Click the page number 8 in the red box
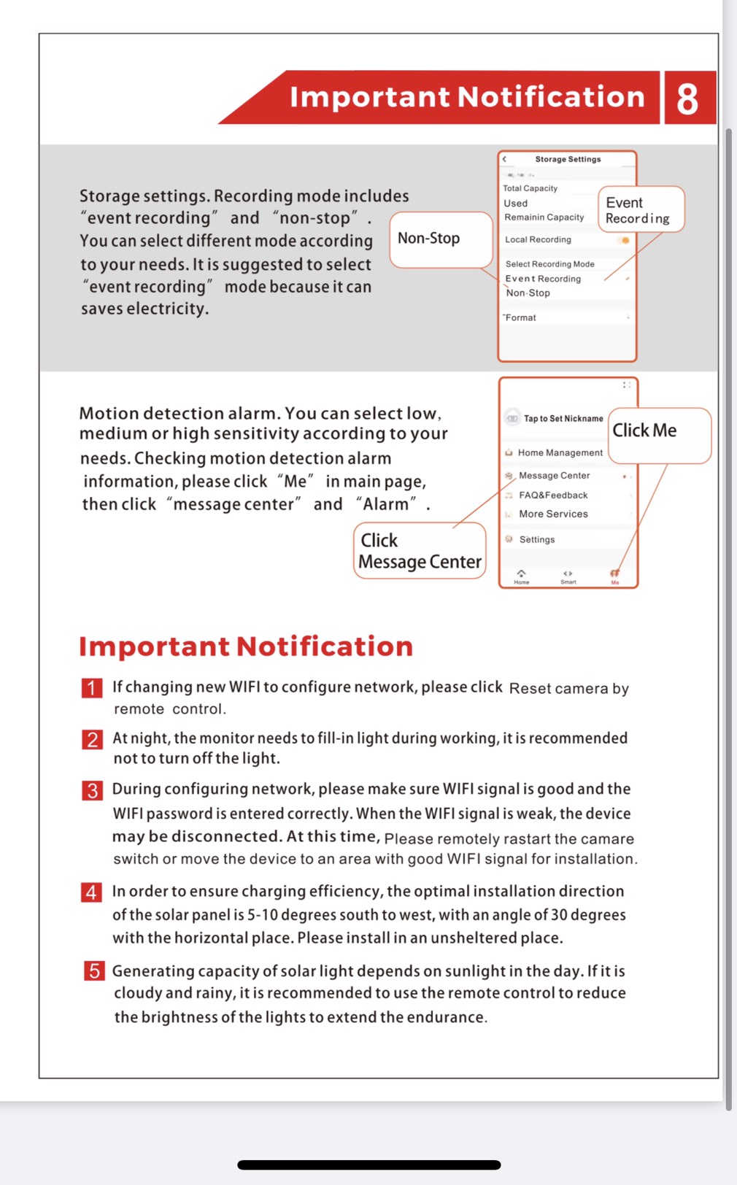(x=687, y=99)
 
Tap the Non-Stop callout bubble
(x=440, y=239)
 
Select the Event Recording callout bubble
(x=640, y=210)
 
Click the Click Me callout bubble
(x=658, y=435)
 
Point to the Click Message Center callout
(x=420, y=551)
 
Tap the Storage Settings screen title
(x=568, y=159)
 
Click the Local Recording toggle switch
(x=624, y=240)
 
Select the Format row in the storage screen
(x=521, y=317)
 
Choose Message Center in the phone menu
(x=554, y=476)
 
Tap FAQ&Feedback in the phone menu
(x=553, y=495)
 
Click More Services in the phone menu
(x=553, y=514)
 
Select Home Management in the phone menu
(x=560, y=453)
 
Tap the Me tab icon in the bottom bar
(x=614, y=576)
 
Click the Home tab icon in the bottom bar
(x=521, y=576)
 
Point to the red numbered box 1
(x=92, y=688)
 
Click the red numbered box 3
(x=92, y=790)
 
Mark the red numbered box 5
(x=94, y=971)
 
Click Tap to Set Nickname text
(x=563, y=419)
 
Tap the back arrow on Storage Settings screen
(x=504, y=159)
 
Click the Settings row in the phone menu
(x=536, y=540)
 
